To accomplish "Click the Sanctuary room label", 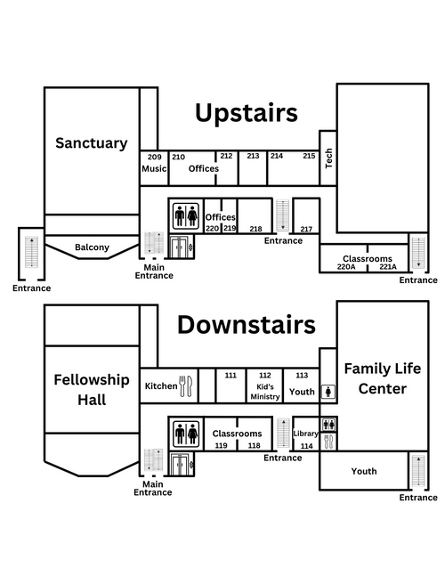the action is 92,143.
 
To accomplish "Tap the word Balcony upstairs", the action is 92,247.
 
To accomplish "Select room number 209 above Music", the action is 155,157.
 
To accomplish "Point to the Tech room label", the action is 328,158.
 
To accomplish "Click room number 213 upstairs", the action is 253,156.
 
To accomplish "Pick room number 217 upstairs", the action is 306,229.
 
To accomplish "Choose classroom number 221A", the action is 388,267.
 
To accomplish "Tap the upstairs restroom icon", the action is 186,215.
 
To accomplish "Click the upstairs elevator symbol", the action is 180,247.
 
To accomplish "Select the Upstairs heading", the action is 247,113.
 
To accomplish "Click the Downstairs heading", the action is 247,325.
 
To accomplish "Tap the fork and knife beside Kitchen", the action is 185,386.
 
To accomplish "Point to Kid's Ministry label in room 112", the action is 265,392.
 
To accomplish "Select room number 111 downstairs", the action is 231,375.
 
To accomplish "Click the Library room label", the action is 305,434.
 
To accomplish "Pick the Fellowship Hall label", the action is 92,390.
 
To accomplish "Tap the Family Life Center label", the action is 383,378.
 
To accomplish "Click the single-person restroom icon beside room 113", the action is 328,392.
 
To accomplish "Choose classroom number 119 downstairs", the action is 221,446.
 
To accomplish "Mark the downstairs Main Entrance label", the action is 153,488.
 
